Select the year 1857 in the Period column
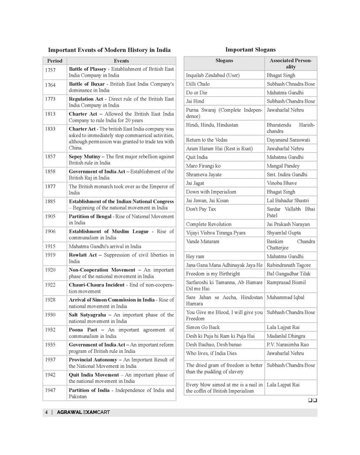(51, 157)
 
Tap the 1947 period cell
(51, 391)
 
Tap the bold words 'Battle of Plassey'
(88, 68)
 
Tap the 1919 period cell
(51, 255)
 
